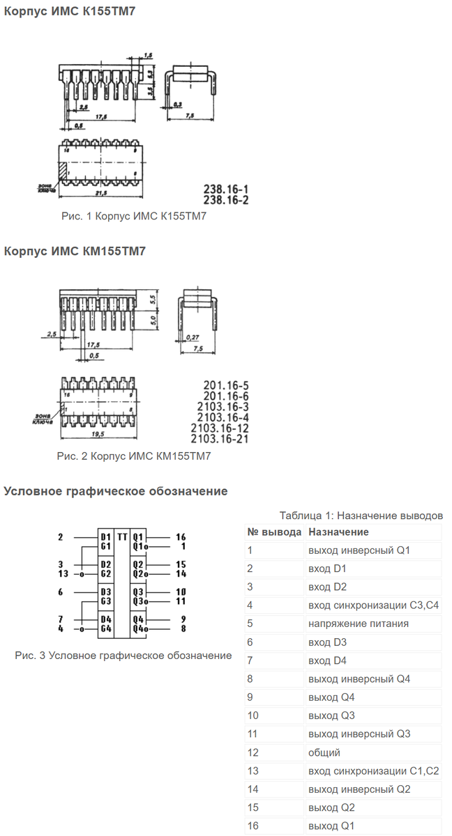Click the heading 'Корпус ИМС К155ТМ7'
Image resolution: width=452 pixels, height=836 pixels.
pyautogui.click(x=69, y=12)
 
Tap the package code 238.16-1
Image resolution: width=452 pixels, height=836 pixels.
pyautogui.click(x=225, y=189)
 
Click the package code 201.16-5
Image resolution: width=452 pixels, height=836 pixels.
pyautogui.click(x=226, y=385)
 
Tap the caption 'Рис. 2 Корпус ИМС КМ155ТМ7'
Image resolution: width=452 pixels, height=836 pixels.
pyautogui.click(x=133, y=456)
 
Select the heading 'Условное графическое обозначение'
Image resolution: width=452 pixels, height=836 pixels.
pyautogui.click(x=116, y=491)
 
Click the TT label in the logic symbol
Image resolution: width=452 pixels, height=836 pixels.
pyautogui.click(x=122, y=537)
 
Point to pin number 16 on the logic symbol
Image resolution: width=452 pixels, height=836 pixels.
pyautogui.click(x=181, y=537)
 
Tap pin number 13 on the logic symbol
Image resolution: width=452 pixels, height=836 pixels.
pyautogui.click(x=63, y=574)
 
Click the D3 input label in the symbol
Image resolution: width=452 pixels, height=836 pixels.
pyautogui.click(x=106, y=591)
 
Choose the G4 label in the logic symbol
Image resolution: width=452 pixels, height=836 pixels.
pyautogui.click(x=106, y=628)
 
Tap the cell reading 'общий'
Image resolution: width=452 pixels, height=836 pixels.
pyautogui.click(x=324, y=752)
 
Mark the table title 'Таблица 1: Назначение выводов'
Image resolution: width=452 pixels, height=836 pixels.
pyautogui.click(x=361, y=516)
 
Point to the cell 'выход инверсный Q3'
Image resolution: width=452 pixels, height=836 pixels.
pyautogui.click(x=359, y=734)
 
